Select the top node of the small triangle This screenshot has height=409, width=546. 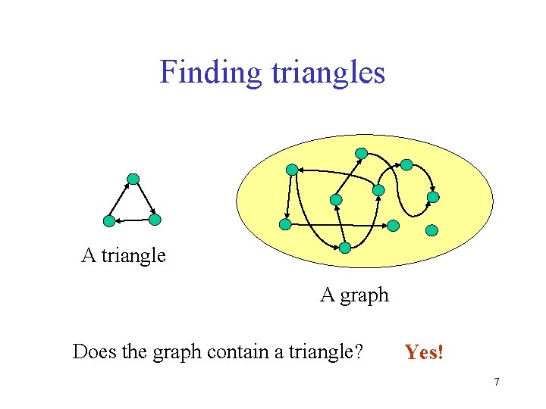pyautogui.click(x=133, y=180)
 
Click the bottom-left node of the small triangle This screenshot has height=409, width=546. pyautogui.click(x=109, y=221)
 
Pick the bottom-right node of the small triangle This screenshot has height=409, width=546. pyautogui.click(x=155, y=220)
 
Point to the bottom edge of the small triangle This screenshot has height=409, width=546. pyautogui.click(x=132, y=220)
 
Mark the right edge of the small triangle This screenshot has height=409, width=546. pyautogui.click(x=144, y=199)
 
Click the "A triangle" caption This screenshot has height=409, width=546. pyautogui.click(x=124, y=255)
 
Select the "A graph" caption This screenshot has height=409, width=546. pyautogui.click(x=354, y=295)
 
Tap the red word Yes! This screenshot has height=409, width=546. pyautogui.click(x=424, y=352)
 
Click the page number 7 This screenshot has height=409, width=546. pyautogui.click(x=497, y=382)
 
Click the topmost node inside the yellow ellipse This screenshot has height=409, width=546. pyautogui.click(x=362, y=153)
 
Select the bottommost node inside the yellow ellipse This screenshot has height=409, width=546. pyautogui.click(x=345, y=248)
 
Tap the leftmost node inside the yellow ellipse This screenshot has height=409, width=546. pyautogui.click(x=285, y=225)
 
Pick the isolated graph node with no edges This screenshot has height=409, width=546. pyautogui.click(x=431, y=229)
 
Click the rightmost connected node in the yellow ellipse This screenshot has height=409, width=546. pyautogui.click(x=433, y=197)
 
